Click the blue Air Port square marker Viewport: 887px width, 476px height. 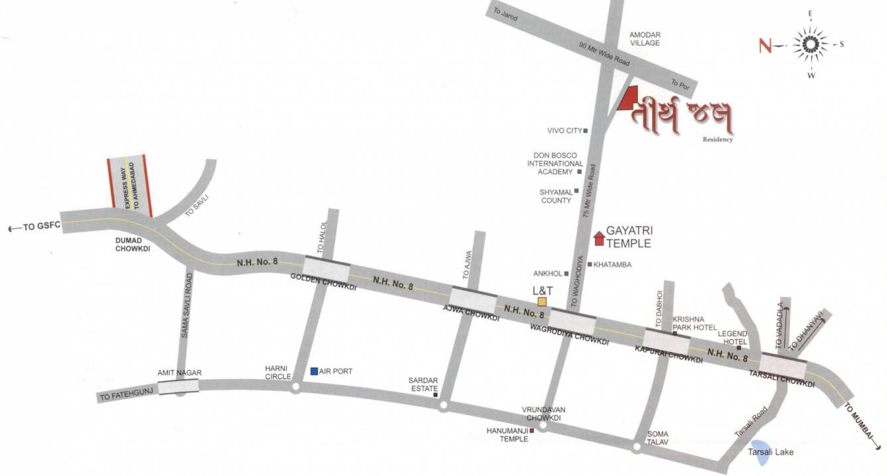coord(314,371)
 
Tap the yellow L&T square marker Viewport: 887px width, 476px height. coord(542,301)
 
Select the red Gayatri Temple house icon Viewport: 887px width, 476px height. coord(599,238)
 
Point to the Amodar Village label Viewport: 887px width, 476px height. coord(645,39)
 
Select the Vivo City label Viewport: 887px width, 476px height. coord(564,131)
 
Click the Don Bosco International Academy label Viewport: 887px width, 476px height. coord(555,163)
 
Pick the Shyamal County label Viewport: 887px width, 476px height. coord(556,196)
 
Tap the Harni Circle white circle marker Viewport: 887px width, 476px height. coord(296,387)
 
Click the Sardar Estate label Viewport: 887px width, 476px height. coord(423,384)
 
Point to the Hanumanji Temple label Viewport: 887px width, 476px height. coord(507,435)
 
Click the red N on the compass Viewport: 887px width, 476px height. coord(766,45)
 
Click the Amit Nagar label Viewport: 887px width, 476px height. coord(179,373)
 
